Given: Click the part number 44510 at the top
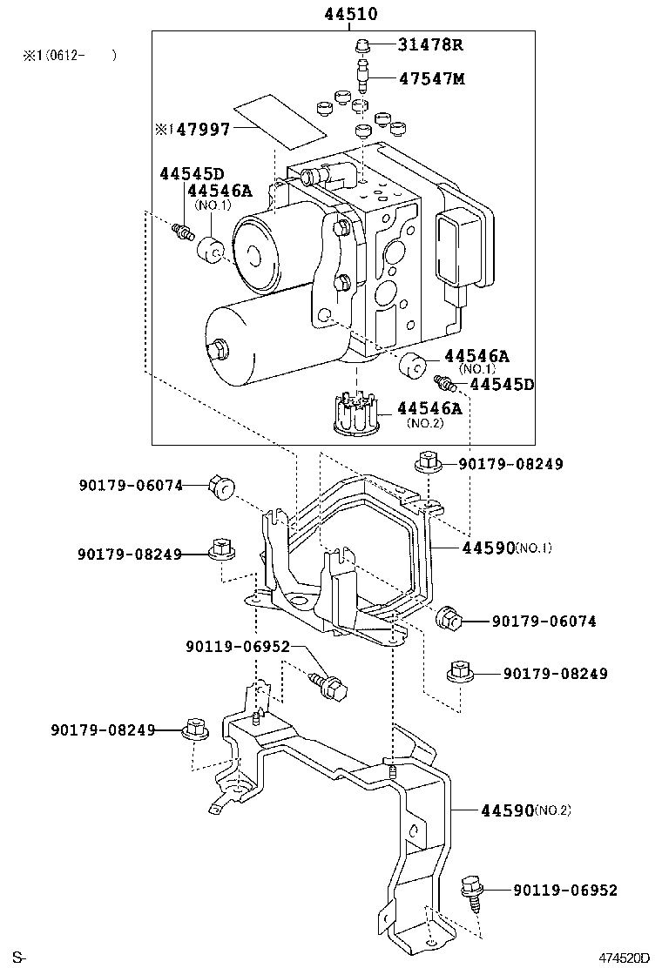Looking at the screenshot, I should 351,13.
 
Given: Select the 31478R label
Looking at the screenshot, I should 431,45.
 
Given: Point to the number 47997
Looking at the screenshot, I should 204,130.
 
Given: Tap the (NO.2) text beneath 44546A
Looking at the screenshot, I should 425,423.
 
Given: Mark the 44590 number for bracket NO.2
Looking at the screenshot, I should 506,810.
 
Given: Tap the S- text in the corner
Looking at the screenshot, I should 19,958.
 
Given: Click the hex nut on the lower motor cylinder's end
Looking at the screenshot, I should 218,351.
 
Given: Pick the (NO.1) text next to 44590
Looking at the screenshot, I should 533,548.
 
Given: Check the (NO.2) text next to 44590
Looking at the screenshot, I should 552,810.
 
